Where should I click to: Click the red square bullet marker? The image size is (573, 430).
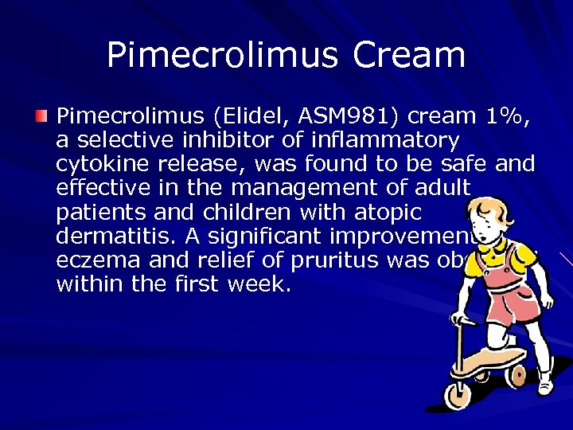tap(41, 116)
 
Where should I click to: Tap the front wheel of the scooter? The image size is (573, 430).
tap(458, 393)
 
